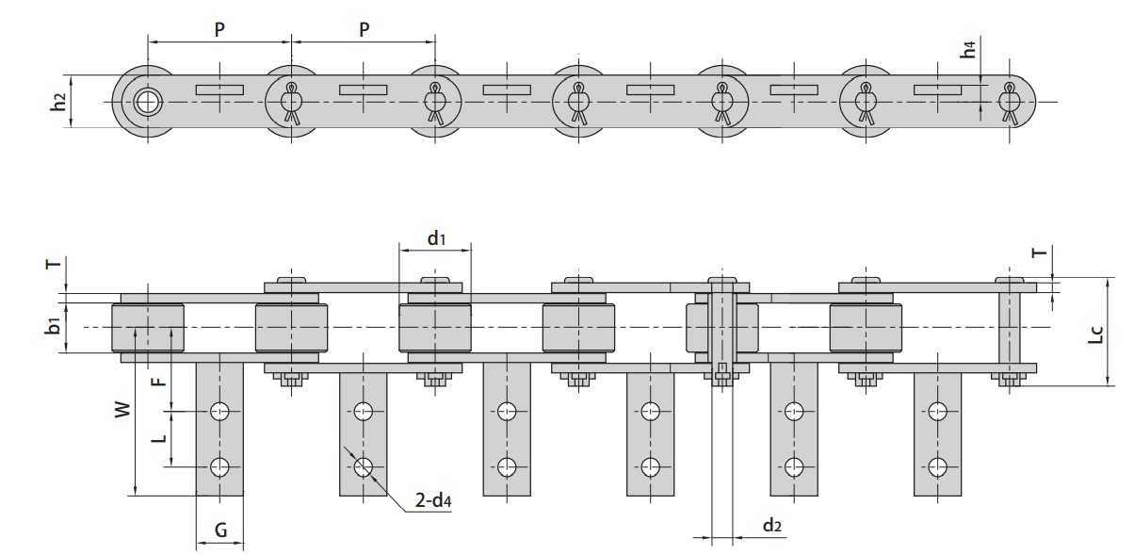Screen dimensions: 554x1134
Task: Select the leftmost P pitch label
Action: (x=219, y=29)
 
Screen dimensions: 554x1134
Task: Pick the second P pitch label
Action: (x=364, y=29)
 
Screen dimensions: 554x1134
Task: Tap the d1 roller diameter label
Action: (x=435, y=238)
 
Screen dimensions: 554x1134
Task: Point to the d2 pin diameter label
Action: (x=771, y=526)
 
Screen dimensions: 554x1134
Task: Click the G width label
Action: (x=219, y=530)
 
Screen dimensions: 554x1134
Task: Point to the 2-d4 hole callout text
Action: (x=434, y=502)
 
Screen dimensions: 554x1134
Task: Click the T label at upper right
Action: (x=1038, y=253)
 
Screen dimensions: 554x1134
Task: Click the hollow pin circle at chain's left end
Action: (x=146, y=101)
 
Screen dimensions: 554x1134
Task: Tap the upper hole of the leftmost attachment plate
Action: (x=219, y=411)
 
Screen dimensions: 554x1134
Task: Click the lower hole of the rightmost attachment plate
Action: (x=937, y=465)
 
